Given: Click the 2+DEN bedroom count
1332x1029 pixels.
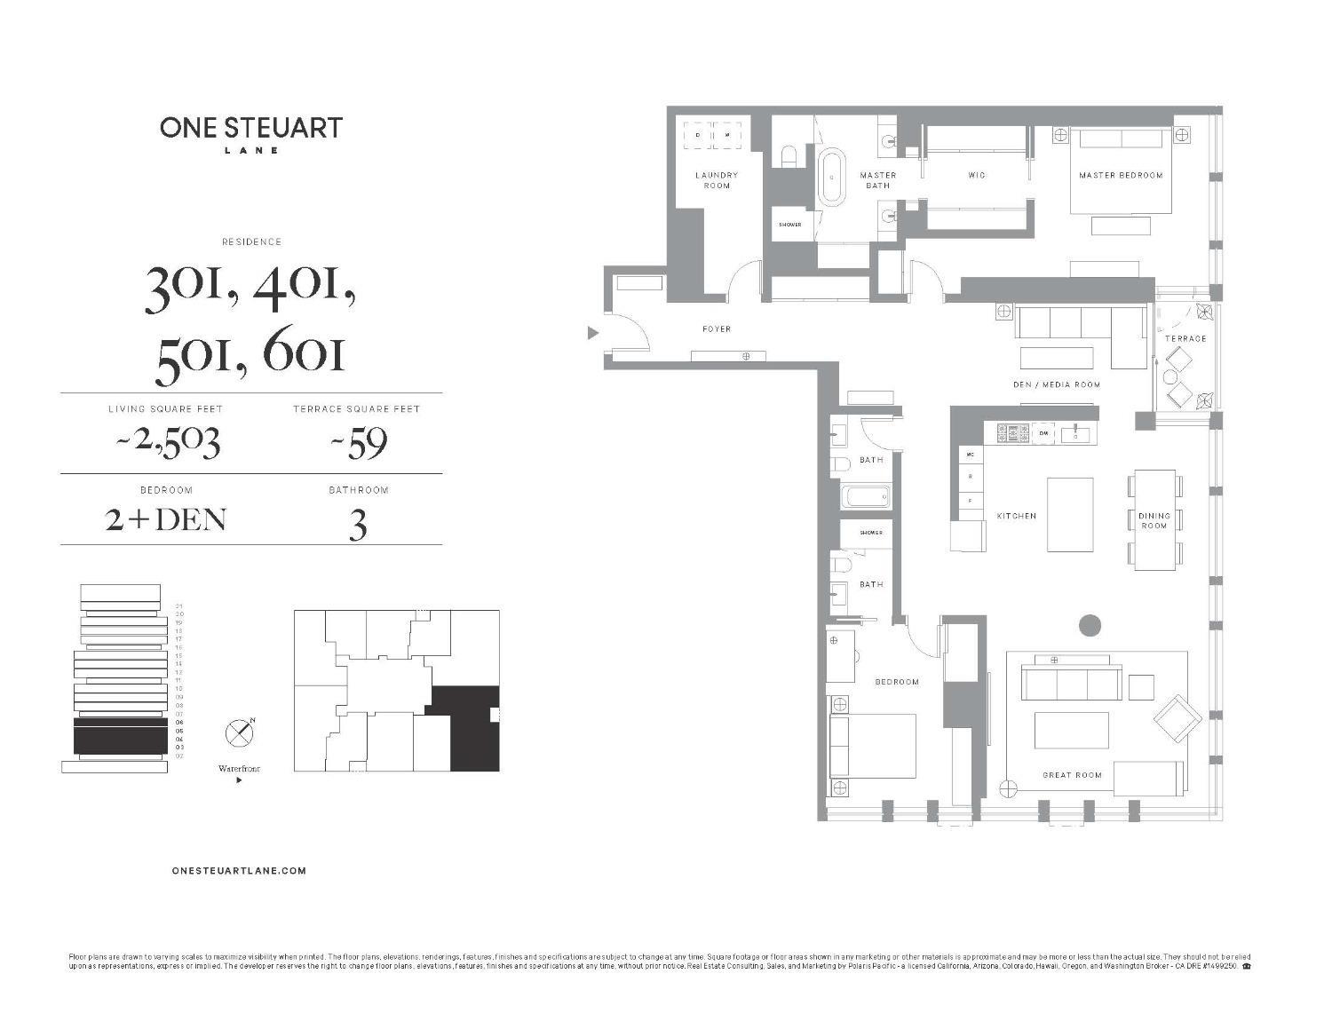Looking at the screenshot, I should point(166,519).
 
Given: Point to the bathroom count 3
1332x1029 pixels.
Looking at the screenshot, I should point(357,526).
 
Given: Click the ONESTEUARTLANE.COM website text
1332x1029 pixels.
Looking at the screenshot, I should point(239,871).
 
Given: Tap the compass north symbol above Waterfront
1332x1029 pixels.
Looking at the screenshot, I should point(240,733).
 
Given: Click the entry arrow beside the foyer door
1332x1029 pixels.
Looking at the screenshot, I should point(592,333).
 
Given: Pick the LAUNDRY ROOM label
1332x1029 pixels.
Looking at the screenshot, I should point(717,180).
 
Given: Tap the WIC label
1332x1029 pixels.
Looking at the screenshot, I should point(977,176).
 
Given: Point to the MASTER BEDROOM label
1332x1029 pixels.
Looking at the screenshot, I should point(1121,176).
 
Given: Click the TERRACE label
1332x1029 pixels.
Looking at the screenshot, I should point(1185,338).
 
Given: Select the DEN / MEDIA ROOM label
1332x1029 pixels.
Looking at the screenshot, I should point(1056,384).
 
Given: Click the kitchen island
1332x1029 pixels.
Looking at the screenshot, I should point(1069,514).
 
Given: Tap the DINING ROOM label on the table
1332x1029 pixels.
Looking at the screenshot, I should point(1154,520).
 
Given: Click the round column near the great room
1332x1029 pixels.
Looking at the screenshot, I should point(1090,625).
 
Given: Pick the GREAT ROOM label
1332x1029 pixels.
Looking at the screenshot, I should point(1072,775).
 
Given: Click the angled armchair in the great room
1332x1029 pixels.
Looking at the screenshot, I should point(1177,718).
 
